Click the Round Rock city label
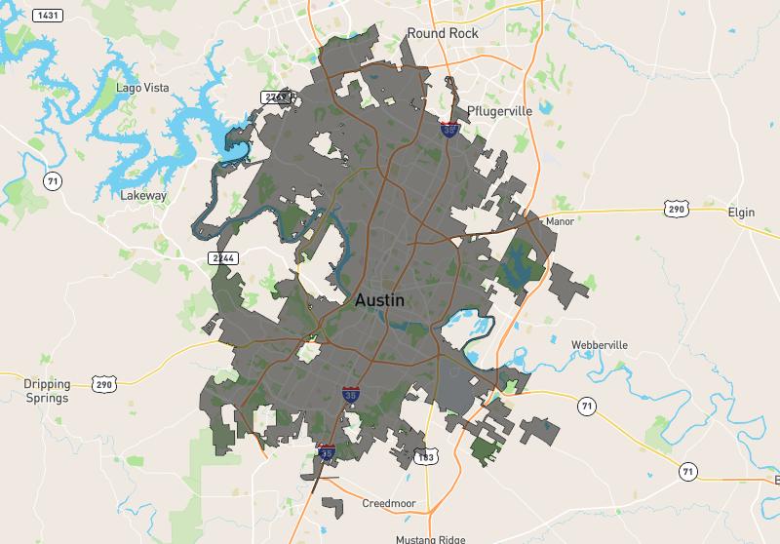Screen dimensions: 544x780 coord(444,33)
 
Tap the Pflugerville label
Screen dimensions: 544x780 coord(500,111)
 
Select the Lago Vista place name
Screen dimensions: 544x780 coord(142,88)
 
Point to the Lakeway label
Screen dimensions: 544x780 coord(143,195)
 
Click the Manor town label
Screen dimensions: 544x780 coord(560,221)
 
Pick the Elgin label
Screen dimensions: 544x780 coord(741,212)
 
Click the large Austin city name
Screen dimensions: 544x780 coord(379,301)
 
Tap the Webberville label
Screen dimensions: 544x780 coord(600,345)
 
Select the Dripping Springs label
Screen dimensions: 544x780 coord(47,391)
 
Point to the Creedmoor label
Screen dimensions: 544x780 coord(389,504)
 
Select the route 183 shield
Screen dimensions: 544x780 coord(425,456)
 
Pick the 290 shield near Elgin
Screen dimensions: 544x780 coord(676,209)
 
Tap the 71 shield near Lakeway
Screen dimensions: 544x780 coord(54,181)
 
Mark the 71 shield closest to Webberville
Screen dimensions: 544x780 coord(585,406)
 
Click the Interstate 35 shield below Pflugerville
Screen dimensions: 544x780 coord(449,130)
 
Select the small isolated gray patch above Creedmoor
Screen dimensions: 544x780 coord(332,508)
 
